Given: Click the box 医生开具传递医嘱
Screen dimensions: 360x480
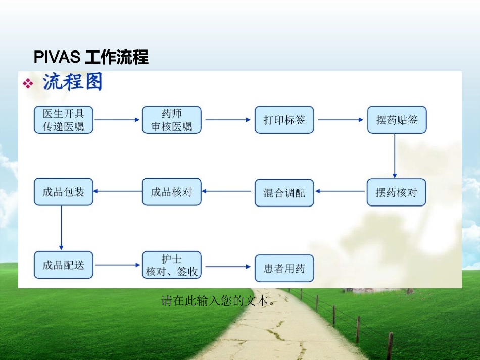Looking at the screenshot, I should coord(64,120).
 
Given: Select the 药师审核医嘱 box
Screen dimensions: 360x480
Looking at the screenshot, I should coord(172,120).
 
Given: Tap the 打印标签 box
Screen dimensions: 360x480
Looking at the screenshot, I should coord(284,120).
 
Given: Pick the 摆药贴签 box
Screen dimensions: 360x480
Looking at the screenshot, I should coord(397,120).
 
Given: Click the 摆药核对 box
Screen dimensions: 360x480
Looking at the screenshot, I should coord(397,192).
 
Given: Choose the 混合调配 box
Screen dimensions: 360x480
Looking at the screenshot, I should coord(284,193).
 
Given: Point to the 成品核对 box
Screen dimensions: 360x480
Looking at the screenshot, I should coord(172,192).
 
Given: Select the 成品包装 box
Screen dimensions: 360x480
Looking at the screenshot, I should coord(64,192).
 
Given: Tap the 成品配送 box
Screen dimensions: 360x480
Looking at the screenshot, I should coord(64,265).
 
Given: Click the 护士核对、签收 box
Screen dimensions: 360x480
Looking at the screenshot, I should coord(172,265).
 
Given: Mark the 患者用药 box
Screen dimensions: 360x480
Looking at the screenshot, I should coord(284,268).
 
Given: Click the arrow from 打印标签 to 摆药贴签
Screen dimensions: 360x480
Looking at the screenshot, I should coord(341,120).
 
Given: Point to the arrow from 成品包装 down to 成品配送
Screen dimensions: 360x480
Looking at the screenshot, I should coord(61,227).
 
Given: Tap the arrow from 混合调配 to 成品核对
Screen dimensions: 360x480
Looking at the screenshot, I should coord(228,191).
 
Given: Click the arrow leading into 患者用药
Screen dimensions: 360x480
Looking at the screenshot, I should coord(228,267).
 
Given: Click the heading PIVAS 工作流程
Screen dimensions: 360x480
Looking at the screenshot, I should coord(91,58).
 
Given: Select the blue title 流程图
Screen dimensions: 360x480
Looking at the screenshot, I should coord(73,82).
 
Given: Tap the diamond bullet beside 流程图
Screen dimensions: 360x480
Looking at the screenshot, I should coord(28,83).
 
